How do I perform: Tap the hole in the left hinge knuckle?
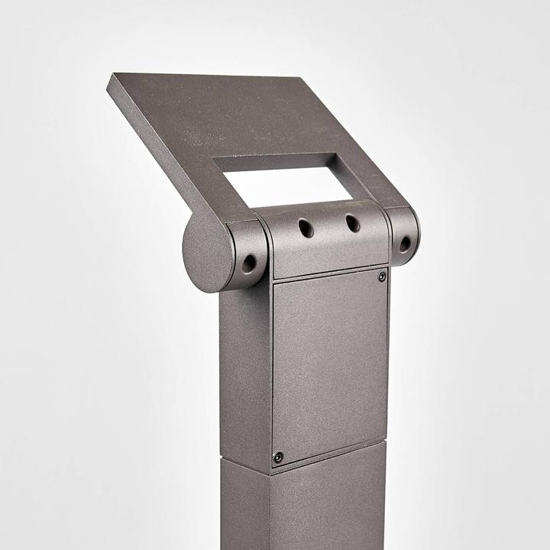pyautogui.click(x=249, y=264)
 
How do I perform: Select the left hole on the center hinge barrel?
pyautogui.click(x=306, y=228)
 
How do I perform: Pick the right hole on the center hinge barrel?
pyautogui.click(x=352, y=223)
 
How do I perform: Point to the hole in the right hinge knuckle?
pyautogui.click(x=404, y=244)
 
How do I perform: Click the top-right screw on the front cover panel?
pyautogui.click(x=382, y=277)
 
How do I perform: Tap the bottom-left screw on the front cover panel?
pyautogui.click(x=278, y=457)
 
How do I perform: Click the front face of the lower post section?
pyautogui.click(x=328, y=504)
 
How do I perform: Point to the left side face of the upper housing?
pyautogui.click(x=244, y=374)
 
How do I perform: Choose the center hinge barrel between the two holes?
pyautogui.click(x=328, y=229)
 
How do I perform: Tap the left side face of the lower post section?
pyautogui.click(x=243, y=504)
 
